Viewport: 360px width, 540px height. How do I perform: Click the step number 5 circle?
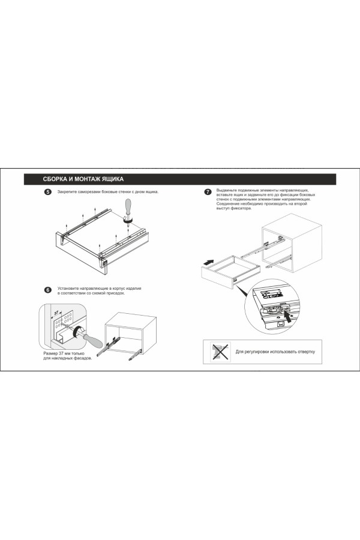click(48, 192)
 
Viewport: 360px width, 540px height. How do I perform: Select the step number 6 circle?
click(48, 290)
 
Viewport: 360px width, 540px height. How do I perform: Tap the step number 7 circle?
click(208, 192)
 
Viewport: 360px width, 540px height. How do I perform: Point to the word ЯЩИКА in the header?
click(113, 179)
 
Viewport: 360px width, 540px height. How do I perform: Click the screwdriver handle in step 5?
click(128, 207)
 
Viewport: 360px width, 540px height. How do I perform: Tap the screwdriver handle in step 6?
click(92, 340)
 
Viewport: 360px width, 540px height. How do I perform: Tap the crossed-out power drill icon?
click(220, 352)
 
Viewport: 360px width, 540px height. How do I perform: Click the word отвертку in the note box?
click(305, 352)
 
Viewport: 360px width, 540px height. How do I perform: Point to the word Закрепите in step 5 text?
click(67, 192)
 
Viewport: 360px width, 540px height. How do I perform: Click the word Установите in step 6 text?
click(68, 289)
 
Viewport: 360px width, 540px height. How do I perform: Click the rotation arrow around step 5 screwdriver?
click(128, 221)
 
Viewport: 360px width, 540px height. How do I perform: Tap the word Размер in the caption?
click(50, 353)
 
